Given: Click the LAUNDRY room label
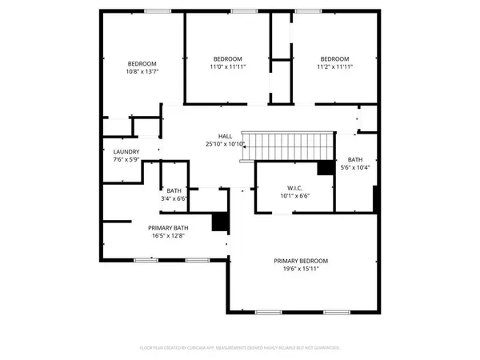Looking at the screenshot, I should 126,152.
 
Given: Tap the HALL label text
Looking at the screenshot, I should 225,137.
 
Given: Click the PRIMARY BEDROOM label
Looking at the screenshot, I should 301,261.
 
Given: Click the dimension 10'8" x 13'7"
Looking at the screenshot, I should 142,72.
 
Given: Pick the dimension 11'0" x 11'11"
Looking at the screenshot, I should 227,67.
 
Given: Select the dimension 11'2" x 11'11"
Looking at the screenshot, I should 334,67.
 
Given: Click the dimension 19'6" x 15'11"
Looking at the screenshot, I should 301,269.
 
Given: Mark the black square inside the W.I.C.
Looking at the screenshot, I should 325,168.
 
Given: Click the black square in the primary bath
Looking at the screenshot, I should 218,222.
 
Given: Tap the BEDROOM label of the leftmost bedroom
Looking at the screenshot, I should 142,64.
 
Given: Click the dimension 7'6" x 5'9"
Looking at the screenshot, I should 126,160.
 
